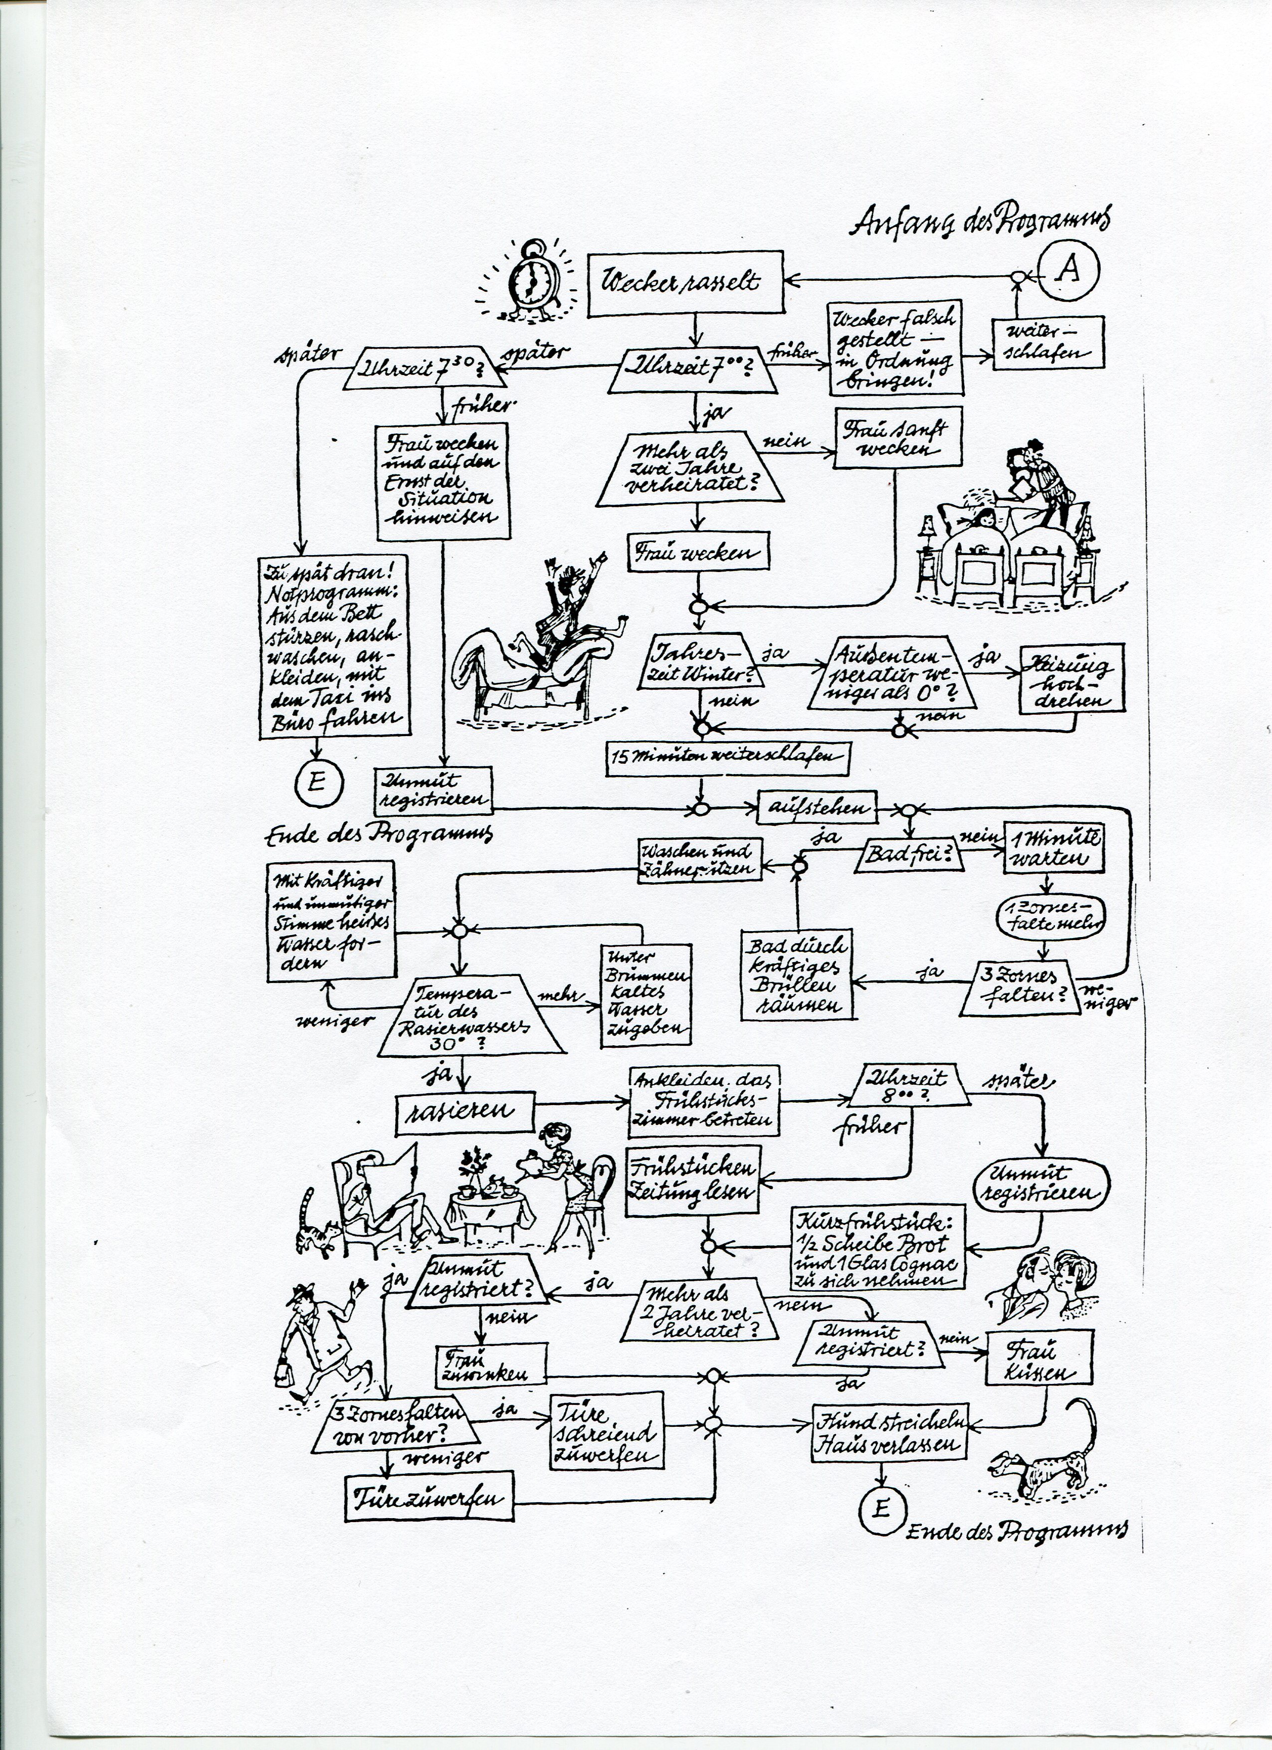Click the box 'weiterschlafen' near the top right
(x=1047, y=345)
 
